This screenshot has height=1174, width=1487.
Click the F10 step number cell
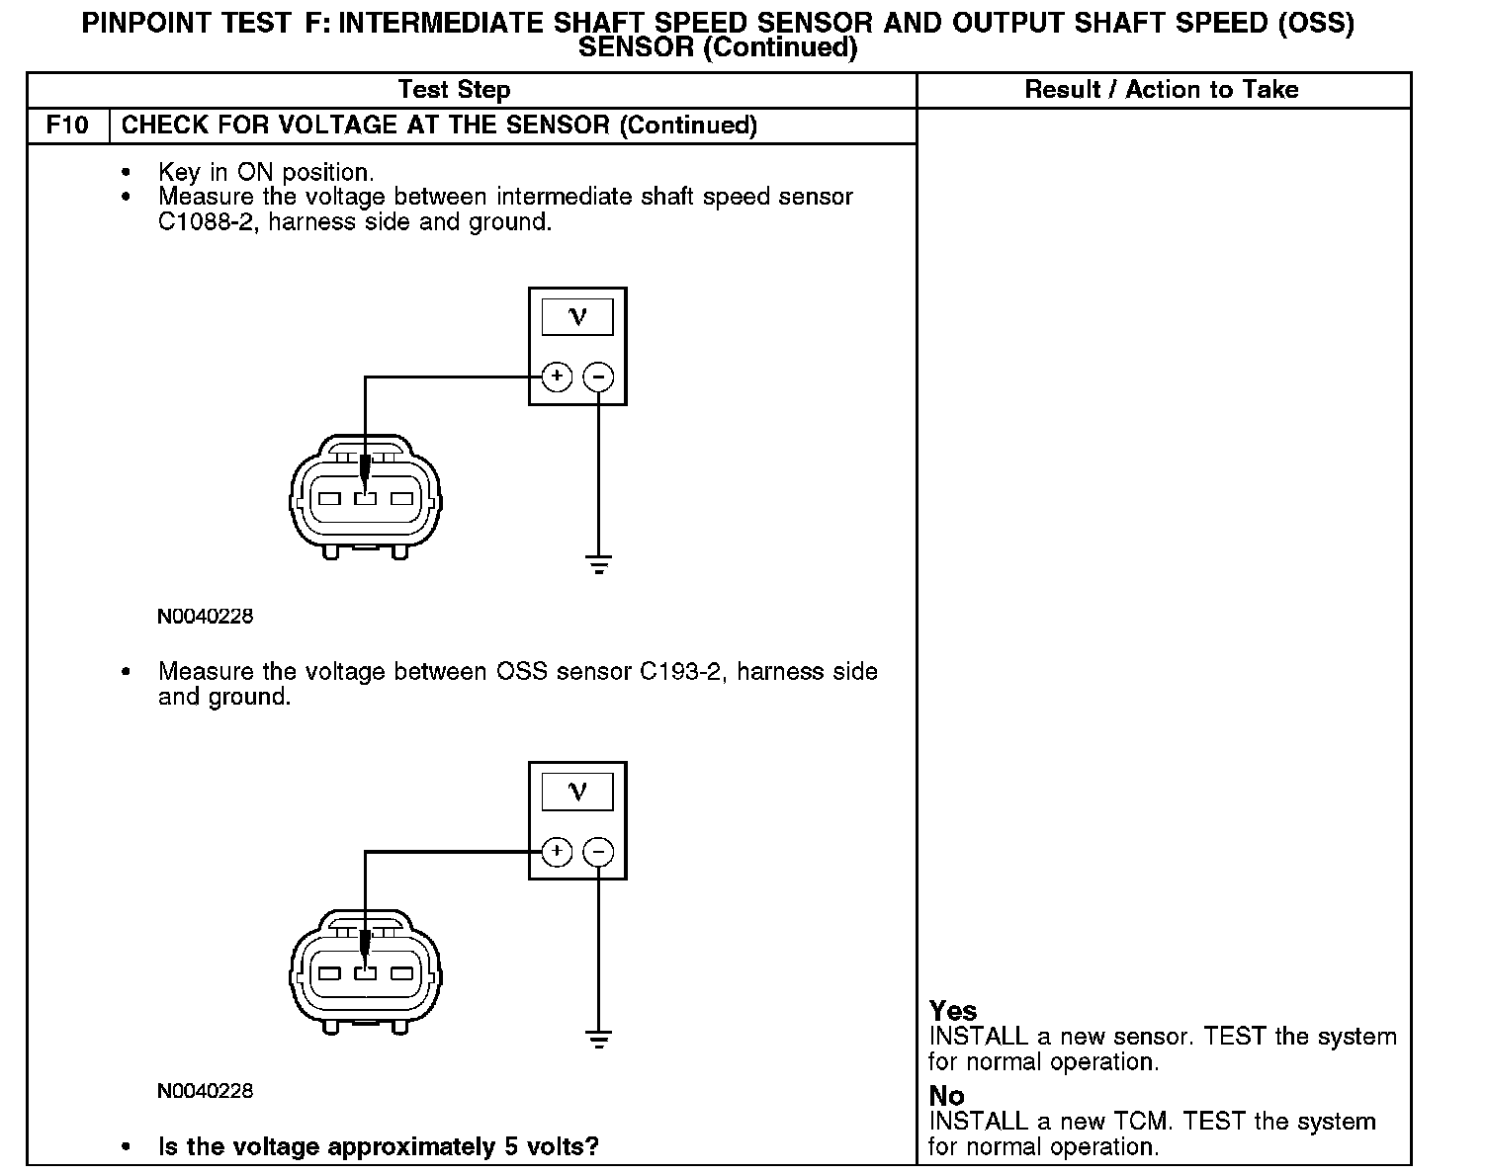point(67,126)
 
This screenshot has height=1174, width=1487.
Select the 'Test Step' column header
point(454,90)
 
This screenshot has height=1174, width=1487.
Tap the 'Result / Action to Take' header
point(1162,90)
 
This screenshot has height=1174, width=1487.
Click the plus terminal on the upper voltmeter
point(558,377)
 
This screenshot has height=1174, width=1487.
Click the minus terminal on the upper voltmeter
point(598,377)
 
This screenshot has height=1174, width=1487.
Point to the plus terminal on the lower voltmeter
point(558,852)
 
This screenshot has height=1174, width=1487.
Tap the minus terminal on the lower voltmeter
point(598,852)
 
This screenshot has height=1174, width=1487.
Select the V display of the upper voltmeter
point(577,317)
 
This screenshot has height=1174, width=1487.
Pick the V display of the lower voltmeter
point(577,792)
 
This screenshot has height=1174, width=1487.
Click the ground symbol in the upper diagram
point(598,565)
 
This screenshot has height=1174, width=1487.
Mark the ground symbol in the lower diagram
point(598,1040)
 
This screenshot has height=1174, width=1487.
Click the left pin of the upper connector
point(329,499)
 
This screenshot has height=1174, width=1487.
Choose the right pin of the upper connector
point(401,499)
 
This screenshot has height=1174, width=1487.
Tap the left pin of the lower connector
point(329,973)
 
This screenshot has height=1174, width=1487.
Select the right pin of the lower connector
point(401,973)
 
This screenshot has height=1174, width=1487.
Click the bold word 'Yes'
point(953,1011)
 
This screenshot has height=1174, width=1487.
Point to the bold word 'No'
point(946,1096)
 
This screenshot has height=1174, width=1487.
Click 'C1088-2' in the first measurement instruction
point(209,222)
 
